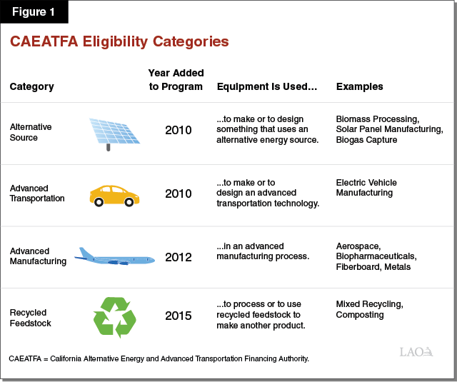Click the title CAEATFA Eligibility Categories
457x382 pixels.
119,41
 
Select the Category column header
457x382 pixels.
31,87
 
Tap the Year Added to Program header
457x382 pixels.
176,80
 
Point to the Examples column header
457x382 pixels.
359,87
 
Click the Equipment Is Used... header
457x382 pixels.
266,87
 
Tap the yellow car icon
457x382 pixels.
114,195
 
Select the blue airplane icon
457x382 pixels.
115,257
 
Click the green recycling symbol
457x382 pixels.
114,316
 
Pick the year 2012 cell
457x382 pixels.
178,256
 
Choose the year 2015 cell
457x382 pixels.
178,316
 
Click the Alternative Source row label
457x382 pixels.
31,132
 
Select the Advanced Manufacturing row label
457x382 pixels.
38,256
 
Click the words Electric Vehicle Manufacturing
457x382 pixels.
366,188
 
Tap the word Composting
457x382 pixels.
360,315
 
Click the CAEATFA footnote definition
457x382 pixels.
159,358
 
